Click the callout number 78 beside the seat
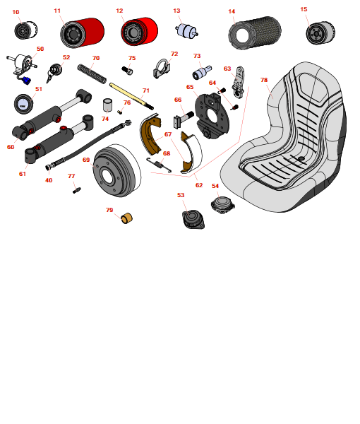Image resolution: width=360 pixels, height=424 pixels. (x=264, y=80)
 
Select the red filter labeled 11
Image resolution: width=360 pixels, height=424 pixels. (x=82, y=33)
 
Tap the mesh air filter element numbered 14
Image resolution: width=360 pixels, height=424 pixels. (x=255, y=33)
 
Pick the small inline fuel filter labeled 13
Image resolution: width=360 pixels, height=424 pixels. (x=186, y=31)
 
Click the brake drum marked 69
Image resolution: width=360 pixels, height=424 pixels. (x=116, y=170)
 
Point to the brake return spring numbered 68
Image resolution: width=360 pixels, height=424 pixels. (x=159, y=164)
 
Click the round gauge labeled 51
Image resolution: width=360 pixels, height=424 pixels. (x=23, y=104)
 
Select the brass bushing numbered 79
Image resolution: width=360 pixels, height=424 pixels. (x=126, y=218)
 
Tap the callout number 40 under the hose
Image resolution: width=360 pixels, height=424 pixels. (x=49, y=180)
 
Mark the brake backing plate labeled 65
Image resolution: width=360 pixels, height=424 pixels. (x=212, y=116)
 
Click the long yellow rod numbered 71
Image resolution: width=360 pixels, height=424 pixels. (x=131, y=96)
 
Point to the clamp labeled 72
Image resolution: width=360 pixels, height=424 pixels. (x=162, y=69)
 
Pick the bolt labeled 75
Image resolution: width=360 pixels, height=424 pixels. (x=127, y=70)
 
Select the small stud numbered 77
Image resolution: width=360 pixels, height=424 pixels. (x=77, y=190)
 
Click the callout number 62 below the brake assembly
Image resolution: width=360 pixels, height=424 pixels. (x=199, y=185)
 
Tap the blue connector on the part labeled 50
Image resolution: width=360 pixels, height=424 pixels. (x=26, y=81)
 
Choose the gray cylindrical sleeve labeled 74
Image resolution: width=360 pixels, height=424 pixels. (x=108, y=105)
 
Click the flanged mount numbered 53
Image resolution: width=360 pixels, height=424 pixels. (x=193, y=219)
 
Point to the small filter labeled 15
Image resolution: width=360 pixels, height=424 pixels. (x=320, y=33)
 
